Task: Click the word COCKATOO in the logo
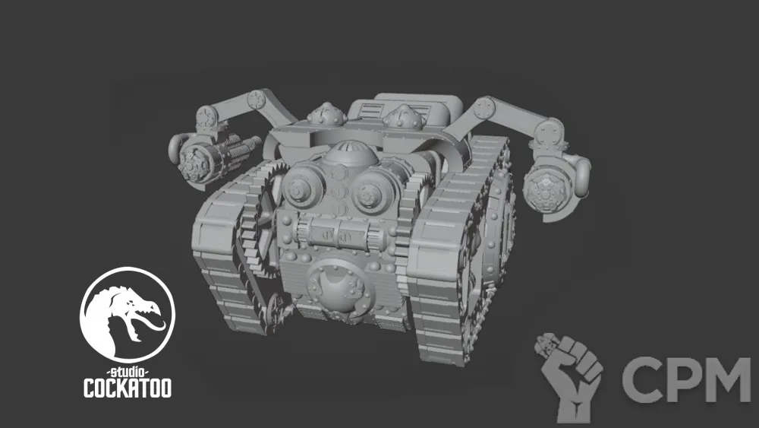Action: point(128,388)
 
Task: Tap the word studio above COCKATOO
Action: point(128,373)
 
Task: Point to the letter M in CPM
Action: point(727,380)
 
